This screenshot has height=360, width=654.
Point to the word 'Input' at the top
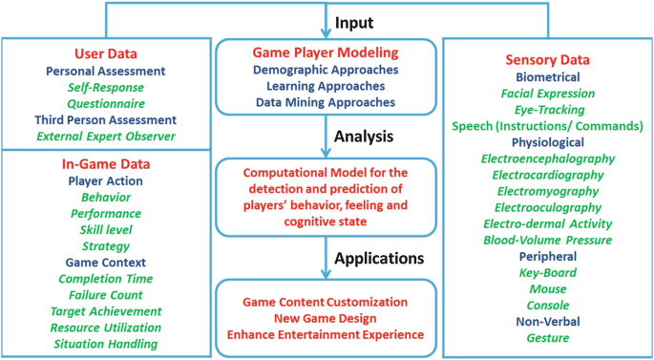353,20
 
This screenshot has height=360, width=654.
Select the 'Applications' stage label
378,258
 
